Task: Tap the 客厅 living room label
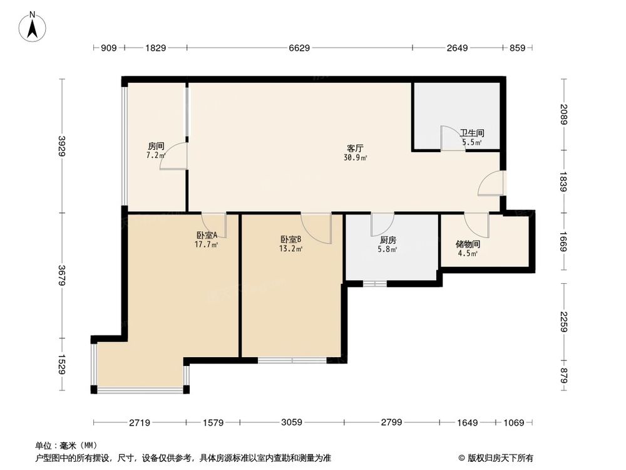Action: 356,149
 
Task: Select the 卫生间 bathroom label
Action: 472,133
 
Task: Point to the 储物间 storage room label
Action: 468,244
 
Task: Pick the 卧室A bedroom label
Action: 207,236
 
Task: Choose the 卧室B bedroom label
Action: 291,239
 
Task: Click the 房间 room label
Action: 155,145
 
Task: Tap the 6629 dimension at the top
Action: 299,48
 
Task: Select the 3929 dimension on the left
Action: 62,146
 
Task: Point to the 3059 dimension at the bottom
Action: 291,422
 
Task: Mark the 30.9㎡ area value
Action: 355,158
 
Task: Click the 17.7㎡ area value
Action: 207,245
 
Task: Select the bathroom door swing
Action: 449,138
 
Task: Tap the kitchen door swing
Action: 382,224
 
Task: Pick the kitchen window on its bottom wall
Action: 375,284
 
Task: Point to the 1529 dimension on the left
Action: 62,365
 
